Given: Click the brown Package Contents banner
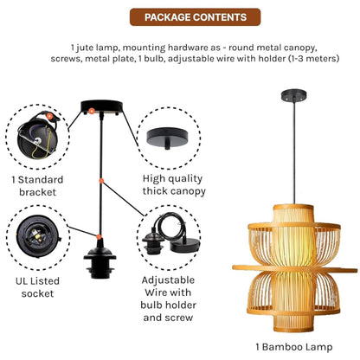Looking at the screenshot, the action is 195,17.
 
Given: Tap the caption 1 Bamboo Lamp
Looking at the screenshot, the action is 294,347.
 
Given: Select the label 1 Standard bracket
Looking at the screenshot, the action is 37,186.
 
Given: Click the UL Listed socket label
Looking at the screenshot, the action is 37,287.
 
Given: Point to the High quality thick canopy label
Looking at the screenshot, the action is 174,185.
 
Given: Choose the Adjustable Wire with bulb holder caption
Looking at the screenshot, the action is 168,299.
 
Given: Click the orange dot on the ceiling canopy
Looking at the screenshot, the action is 92,111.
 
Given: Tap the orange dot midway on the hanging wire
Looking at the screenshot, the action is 101,181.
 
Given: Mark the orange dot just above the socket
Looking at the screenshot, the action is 99,237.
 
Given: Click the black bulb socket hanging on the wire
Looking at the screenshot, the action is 100,259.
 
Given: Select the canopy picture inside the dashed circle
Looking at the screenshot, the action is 167,138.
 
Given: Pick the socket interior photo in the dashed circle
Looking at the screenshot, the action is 38,236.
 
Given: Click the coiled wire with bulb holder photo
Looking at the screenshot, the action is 170,234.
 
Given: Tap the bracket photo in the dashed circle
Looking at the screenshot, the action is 37,136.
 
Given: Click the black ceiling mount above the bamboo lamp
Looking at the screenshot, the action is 294,95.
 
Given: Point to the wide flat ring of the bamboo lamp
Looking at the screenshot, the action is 295,269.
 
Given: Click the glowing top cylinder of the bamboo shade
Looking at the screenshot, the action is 293,214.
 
